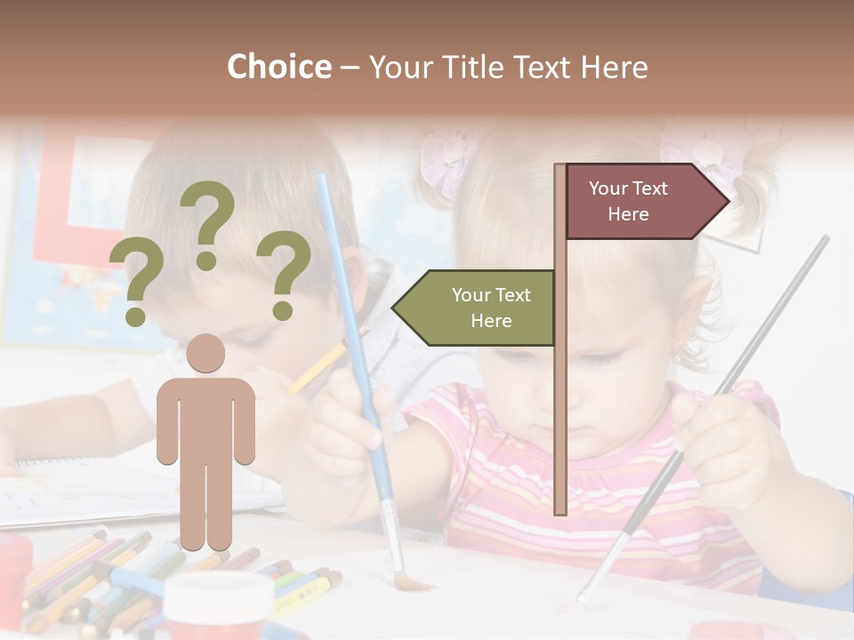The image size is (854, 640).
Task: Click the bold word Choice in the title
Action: (278, 67)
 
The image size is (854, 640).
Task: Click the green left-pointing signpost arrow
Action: (476, 308)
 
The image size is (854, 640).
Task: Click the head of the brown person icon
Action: (205, 353)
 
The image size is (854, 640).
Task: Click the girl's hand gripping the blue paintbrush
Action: (356, 409)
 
